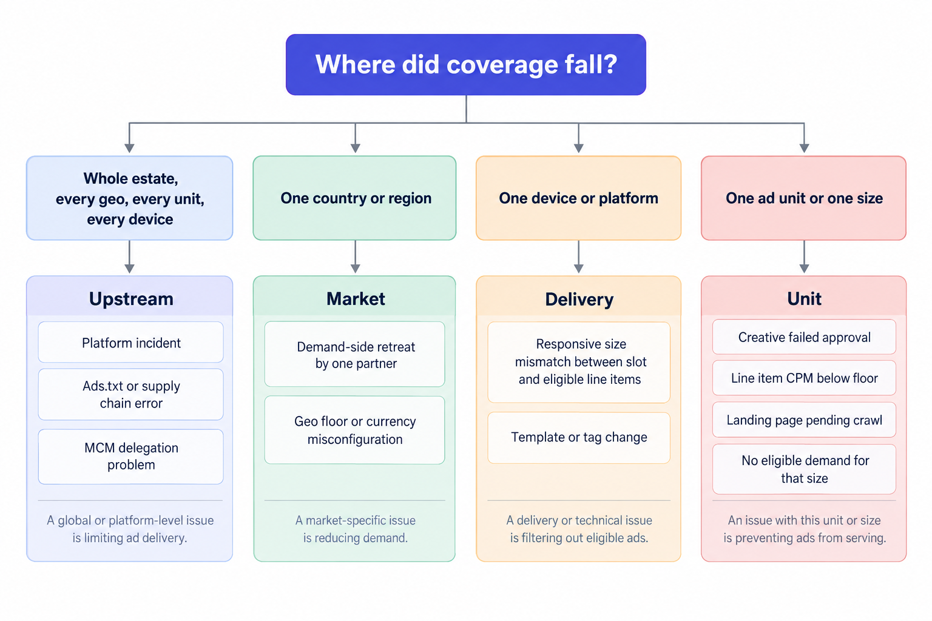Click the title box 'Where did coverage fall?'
click(x=465, y=64)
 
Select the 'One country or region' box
click(x=354, y=198)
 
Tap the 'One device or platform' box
click(x=578, y=198)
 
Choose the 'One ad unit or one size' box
click(x=804, y=198)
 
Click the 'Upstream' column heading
click(x=131, y=298)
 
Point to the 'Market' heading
click(x=356, y=298)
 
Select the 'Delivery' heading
click(x=579, y=299)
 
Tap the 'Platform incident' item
click(x=130, y=342)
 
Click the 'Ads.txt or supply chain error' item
click(x=130, y=394)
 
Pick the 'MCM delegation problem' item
click(x=130, y=456)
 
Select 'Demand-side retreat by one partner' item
click(x=354, y=354)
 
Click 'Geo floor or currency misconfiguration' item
click(x=354, y=430)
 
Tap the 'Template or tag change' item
click(x=579, y=438)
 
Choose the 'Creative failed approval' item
click(x=804, y=337)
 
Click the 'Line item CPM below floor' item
click(x=804, y=378)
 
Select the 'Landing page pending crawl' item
click(x=804, y=420)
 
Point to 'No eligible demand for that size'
click(x=804, y=469)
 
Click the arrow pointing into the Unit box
click(x=804, y=257)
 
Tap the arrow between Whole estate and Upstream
click(x=129, y=257)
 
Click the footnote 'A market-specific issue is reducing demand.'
click(x=356, y=529)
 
